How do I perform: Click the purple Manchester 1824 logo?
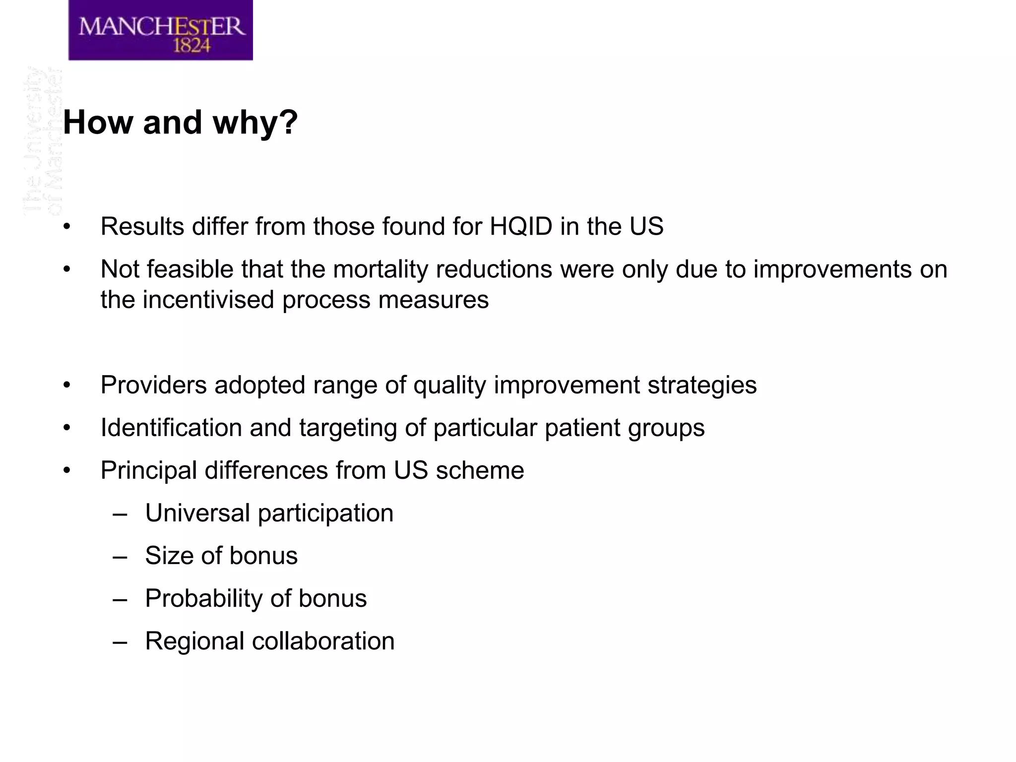(160, 30)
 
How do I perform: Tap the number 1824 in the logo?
(191, 46)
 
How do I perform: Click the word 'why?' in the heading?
(255, 122)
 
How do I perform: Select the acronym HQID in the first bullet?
(521, 227)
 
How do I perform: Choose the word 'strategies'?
(702, 385)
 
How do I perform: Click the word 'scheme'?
(480, 470)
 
